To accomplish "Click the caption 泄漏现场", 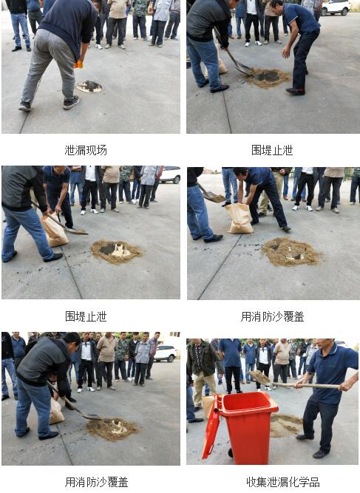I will (x=86, y=150).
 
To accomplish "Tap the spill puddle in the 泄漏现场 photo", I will (x=89, y=86).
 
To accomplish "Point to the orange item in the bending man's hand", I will (x=78, y=64).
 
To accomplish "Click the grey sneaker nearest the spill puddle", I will (x=71, y=103).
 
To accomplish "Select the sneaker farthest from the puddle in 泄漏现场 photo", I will (x=25, y=106).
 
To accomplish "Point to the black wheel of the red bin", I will (x=231, y=452).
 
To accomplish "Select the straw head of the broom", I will (x=259, y=378).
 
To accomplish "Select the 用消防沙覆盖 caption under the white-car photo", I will (x=96, y=482).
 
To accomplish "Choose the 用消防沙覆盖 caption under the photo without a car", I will (x=272, y=316).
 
